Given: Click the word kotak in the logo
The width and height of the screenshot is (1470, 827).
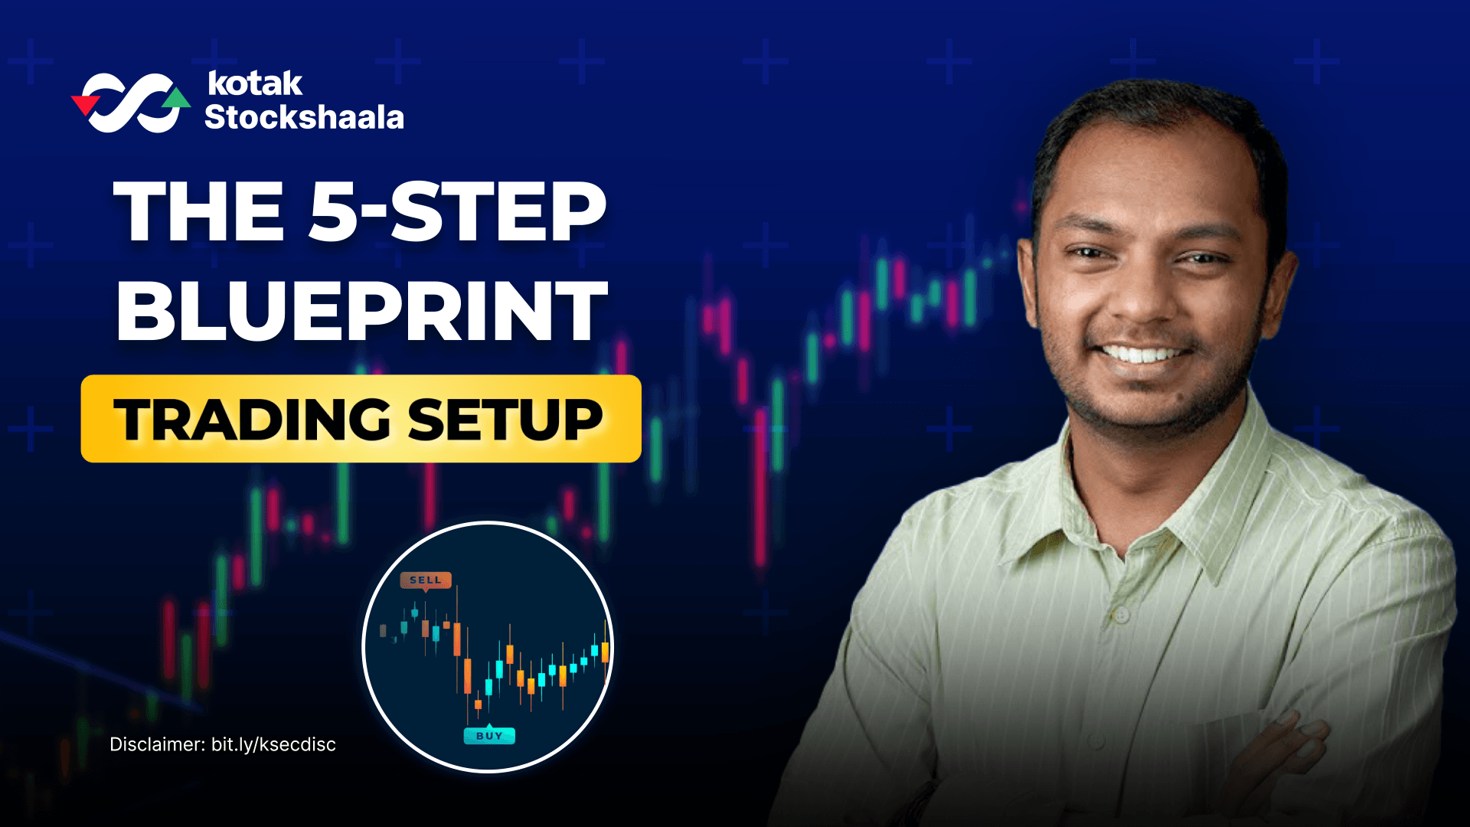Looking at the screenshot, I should pos(254,83).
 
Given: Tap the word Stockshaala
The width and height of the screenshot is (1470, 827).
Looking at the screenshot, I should pos(304,117).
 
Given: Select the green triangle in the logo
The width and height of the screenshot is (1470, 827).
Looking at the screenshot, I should pos(177,98).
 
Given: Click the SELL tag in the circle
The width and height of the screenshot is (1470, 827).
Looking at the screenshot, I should pos(426,580).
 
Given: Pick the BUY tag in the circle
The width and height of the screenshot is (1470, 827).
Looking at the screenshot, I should pos(489,736).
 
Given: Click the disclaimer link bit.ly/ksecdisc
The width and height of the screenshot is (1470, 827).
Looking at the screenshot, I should pos(273,744).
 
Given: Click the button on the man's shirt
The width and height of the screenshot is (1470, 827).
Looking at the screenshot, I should pos(1120,614).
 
